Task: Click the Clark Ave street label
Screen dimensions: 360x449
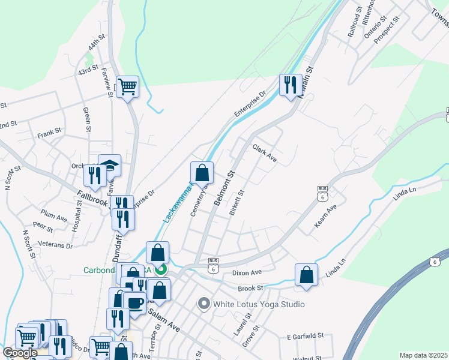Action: (264, 152)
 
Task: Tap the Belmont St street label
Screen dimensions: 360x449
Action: (224, 187)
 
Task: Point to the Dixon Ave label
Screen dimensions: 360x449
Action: (247, 272)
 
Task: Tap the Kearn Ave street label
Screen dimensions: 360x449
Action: (326, 217)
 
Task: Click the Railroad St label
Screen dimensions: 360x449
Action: (355, 23)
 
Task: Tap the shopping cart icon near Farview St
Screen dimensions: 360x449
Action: (127, 88)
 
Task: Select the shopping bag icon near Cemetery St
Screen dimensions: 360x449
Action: (202, 173)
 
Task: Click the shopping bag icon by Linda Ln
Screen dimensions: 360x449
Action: (306, 275)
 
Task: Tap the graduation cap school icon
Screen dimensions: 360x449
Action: (109, 165)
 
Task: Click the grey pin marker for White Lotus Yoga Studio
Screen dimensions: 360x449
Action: (203, 304)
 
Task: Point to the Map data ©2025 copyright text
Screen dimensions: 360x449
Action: (424, 355)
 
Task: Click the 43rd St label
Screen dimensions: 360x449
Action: (88, 71)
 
